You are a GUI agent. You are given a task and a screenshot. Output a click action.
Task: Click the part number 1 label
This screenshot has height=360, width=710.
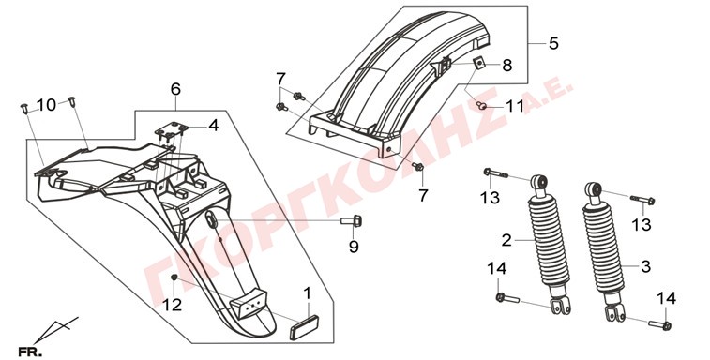308,293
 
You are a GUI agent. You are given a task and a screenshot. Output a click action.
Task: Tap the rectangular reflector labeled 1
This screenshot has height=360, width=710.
304,326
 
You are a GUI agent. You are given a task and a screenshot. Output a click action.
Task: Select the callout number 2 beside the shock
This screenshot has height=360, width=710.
506,240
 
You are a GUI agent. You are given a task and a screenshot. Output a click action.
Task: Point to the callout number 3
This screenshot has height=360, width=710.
645,266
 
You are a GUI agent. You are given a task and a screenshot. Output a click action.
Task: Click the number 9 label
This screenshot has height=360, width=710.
354,247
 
